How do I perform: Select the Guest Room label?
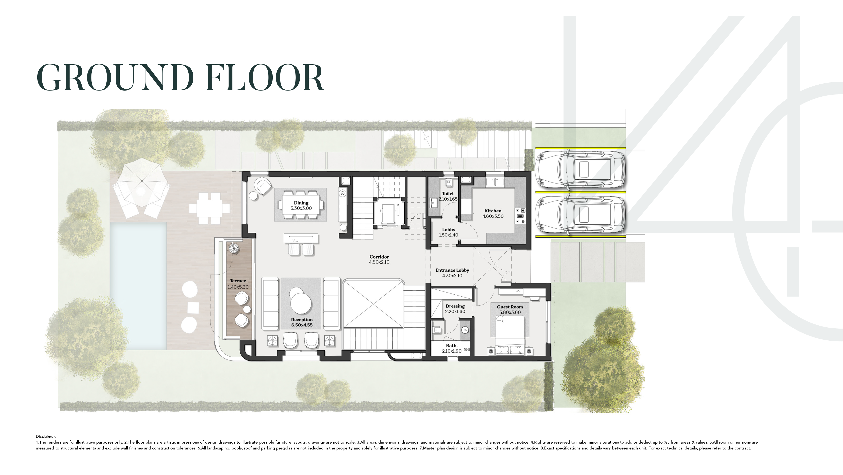click(x=510, y=307)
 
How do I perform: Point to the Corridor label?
click(x=379, y=257)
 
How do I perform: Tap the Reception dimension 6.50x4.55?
click(x=302, y=325)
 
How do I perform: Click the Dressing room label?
click(x=455, y=306)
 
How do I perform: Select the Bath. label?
click(x=452, y=346)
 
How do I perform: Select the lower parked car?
click(x=580, y=216)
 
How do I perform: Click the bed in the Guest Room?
click(x=510, y=337)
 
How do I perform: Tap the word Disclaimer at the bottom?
click(x=46, y=436)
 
